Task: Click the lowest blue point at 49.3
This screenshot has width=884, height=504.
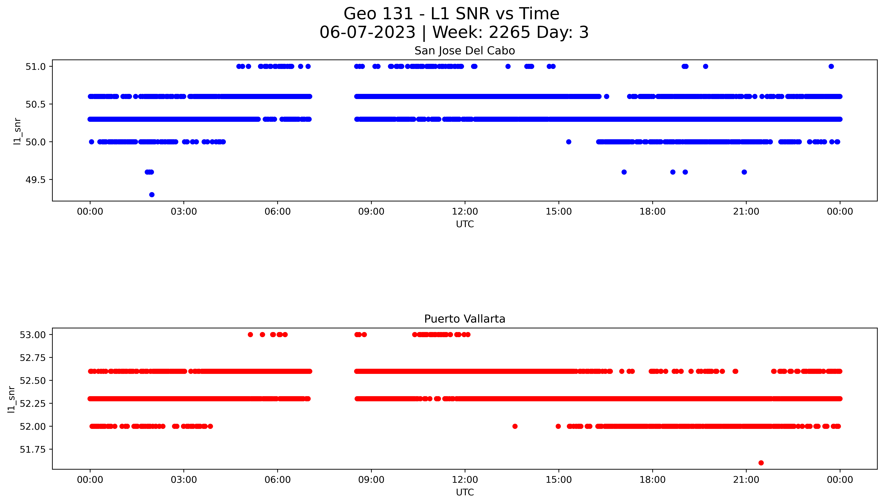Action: (x=152, y=195)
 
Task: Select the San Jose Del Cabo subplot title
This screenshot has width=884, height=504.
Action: (x=465, y=51)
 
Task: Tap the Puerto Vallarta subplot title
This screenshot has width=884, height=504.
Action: (x=465, y=319)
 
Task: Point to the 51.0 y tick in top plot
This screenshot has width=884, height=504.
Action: (x=35, y=66)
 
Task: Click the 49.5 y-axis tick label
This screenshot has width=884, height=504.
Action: (x=35, y=180)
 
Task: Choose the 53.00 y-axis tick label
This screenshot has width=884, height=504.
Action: (x=33, y=335)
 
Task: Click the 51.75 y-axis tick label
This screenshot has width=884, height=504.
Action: (x=33, y=449)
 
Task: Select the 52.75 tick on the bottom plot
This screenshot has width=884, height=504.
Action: (x=33, y=358)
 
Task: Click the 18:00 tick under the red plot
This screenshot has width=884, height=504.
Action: (x=652, y=480)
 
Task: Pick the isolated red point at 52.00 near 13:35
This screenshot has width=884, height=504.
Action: (x=515, y=426)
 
